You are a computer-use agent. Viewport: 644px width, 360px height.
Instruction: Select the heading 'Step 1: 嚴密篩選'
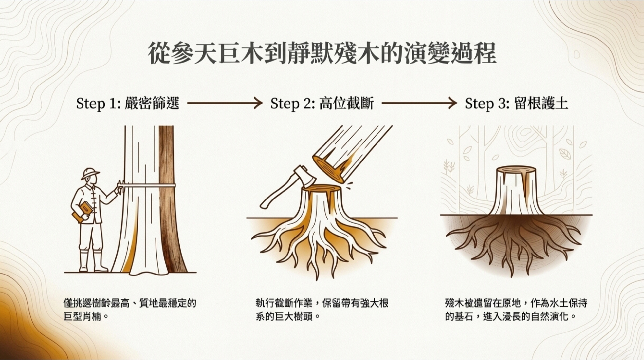128,104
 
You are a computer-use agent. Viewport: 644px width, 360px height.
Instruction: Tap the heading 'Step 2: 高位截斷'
322,104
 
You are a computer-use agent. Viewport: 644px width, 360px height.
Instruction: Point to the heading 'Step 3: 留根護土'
516,104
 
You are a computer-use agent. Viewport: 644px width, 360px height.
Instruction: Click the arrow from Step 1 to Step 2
225,103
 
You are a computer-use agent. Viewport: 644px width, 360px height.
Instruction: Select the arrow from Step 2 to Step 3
419,103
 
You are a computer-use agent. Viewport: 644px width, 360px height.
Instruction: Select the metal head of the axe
305,177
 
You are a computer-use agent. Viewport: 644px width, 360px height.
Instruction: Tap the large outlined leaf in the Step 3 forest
565,153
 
